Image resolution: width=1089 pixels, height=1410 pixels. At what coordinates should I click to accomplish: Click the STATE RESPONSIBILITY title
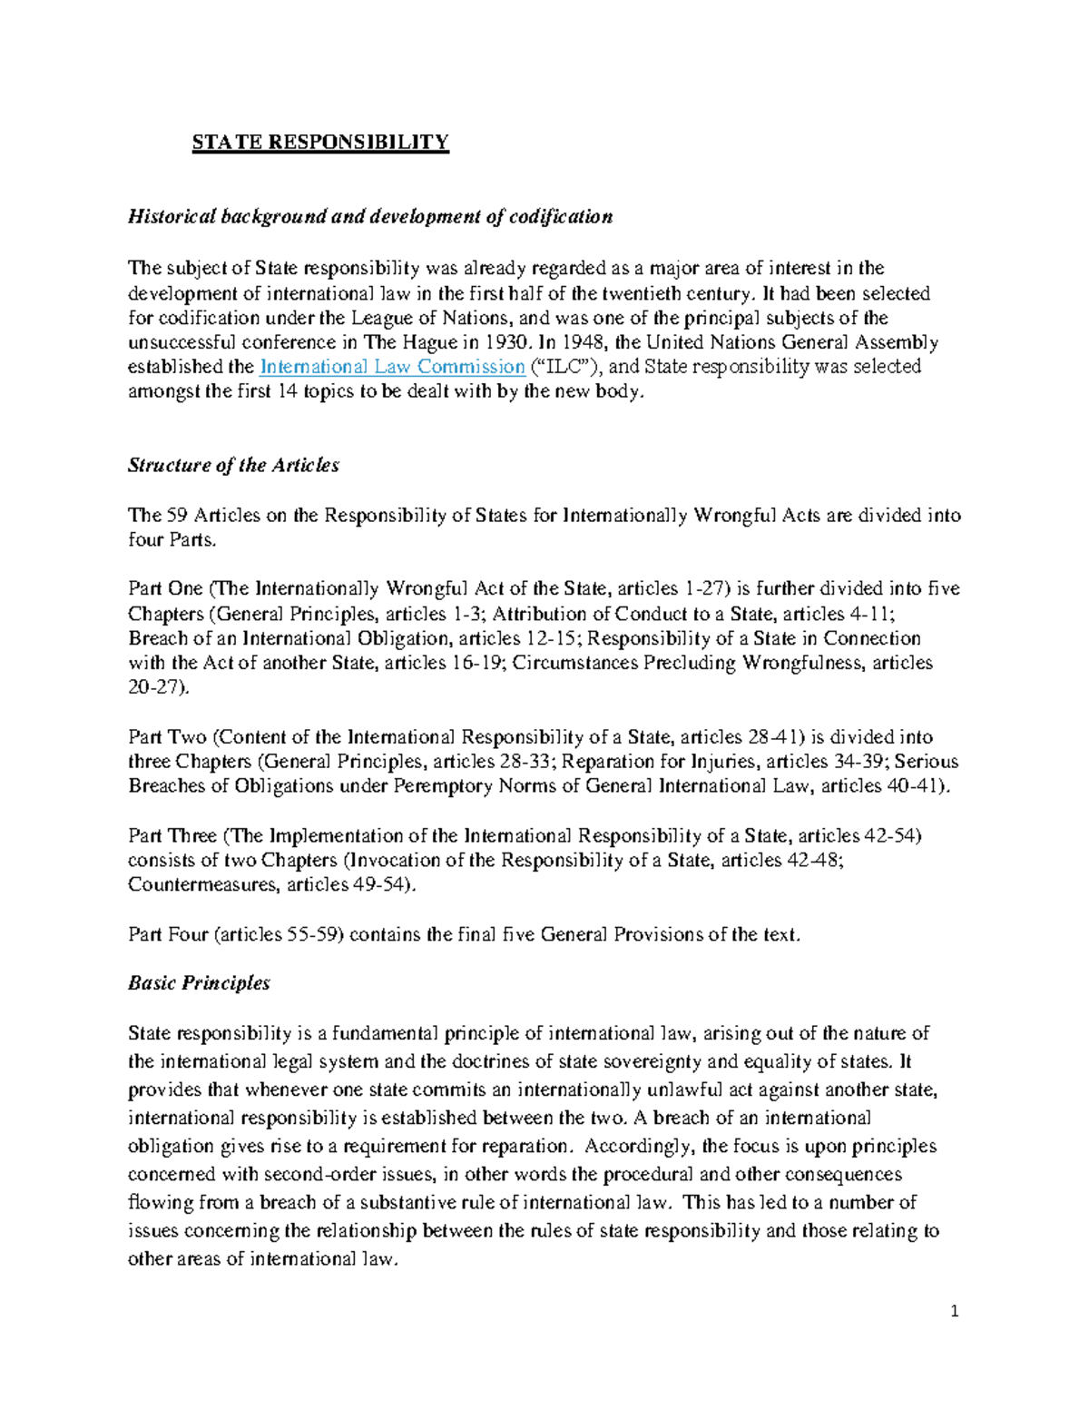(320, 143)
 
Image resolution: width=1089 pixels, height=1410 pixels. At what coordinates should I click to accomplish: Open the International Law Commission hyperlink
(392, 367)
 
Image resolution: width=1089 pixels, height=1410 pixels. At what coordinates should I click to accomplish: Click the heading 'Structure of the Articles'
(233, 466)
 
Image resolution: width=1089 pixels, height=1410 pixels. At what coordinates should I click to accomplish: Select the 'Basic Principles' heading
(199, 983)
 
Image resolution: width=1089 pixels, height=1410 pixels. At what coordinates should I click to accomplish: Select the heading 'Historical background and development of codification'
(370, 217)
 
